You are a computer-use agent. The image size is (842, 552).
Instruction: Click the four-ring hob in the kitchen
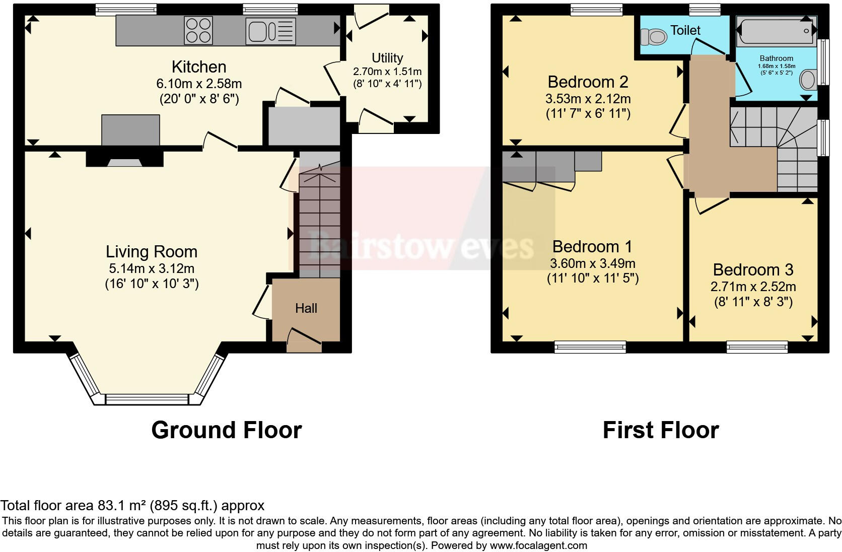pyautogui.click(x=198, y=31)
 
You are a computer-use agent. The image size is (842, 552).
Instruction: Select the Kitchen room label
pyautogui.click(x=199, y=67)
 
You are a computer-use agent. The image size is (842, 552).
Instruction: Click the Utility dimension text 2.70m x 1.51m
pyautogui.click(x=387, y=72)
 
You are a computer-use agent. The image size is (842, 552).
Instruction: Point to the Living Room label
pyautogui.click(x=151, y=252)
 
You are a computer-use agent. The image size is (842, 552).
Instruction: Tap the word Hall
pyautogui.click(x=306, y=308)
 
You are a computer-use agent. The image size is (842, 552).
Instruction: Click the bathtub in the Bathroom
pyautogui.click(x=776, y=31)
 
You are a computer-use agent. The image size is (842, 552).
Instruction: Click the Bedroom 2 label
pyautogui.click(x=588, y=82)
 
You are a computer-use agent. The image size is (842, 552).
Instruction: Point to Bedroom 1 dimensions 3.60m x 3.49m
pyautogui.click(x=593, y=263)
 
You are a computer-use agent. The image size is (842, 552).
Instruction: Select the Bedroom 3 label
pyautogui.click(x=753, y=270)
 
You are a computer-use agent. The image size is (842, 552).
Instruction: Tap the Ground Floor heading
pyautogui.click(x=226, y=430)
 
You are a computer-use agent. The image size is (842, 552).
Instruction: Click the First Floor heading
pyautogui.click(x=660, y=430)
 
